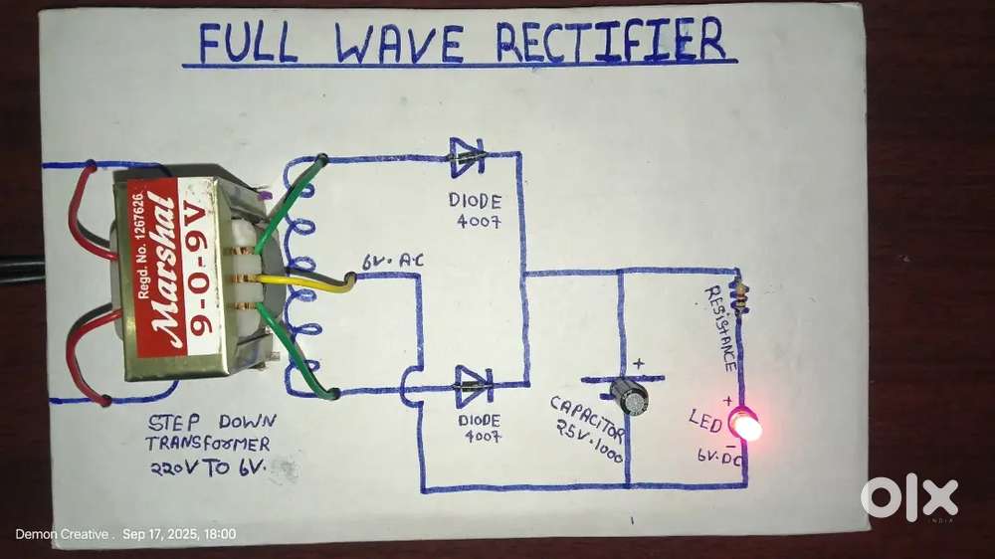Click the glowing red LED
pos(745,427)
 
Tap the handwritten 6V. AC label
pos(392,262)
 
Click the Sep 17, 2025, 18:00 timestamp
pos(179,535)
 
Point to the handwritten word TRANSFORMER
pos(207,444)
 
